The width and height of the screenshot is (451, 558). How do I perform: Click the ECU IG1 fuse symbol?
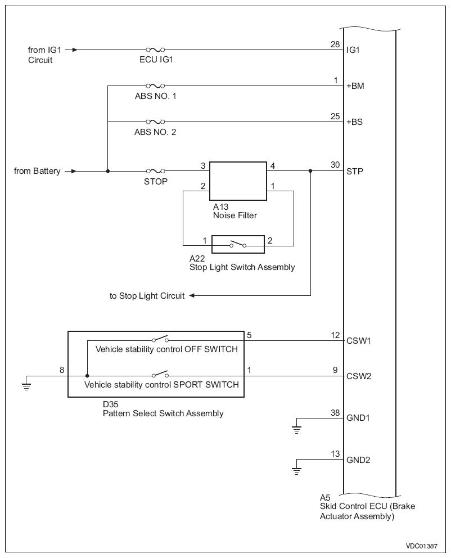click(155, 50)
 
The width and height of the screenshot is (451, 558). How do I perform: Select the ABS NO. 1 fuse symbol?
click(155, 85)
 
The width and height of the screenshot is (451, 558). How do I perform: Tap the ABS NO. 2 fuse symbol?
click(155, 121)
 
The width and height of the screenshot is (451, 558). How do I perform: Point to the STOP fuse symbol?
click(155, 171)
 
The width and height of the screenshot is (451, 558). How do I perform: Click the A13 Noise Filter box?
click(238, 181)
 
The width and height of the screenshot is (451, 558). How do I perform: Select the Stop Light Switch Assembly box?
click(238, 244)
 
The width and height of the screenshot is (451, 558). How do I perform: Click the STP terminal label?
click(355, 172)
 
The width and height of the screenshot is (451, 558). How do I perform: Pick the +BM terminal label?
click(355, 86)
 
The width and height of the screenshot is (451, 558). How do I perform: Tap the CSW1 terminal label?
click(359, 341)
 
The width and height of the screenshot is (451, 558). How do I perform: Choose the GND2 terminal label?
click(358, 460)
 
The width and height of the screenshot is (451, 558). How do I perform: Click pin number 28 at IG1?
click(335, 44)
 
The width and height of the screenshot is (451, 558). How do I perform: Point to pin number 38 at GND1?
click(335, 412)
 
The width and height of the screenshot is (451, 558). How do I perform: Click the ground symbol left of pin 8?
click(26, 386)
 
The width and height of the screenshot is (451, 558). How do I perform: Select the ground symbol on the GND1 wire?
click(296, 430)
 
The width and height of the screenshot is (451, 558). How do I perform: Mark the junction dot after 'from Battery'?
click(108, 171)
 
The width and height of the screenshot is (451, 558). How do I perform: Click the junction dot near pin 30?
click(310, 171)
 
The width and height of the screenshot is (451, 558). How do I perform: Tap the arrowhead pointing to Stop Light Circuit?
click(192, 295)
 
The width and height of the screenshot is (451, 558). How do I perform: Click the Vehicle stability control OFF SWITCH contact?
click(160, 339)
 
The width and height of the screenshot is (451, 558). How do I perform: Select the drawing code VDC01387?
click(422, 546)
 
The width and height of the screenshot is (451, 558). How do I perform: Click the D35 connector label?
click(110, 404)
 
